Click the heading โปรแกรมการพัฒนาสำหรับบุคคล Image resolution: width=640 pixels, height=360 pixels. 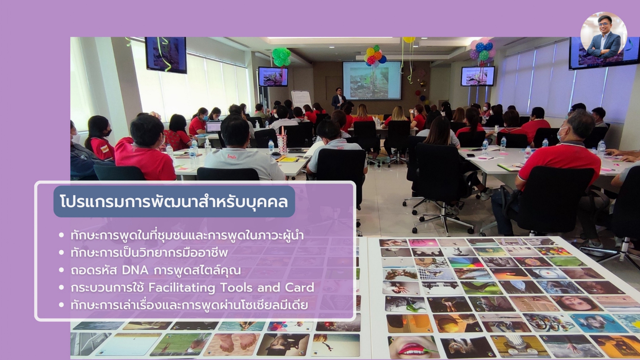point(174,202)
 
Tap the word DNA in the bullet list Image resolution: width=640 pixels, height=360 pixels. point(135,270)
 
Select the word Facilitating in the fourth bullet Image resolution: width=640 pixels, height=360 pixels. point(182,288)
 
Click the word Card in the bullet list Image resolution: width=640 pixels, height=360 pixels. point(299,287)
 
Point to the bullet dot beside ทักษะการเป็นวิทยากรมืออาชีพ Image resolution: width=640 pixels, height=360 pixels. point(61,253)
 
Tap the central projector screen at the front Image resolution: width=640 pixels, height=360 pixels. point(372,80)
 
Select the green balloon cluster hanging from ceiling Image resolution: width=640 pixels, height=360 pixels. point(281,57)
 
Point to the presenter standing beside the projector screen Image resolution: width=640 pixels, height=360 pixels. point(338,98)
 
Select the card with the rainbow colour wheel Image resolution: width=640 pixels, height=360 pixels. point(466,262)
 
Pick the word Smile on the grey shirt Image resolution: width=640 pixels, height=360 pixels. point(232,156)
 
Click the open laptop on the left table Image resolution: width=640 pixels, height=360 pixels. point(213,127)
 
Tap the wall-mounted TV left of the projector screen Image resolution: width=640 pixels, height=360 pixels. point(273,76)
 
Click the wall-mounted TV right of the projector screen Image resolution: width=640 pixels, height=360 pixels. point(478,76)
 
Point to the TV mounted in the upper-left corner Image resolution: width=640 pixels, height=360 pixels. point(166,55)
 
